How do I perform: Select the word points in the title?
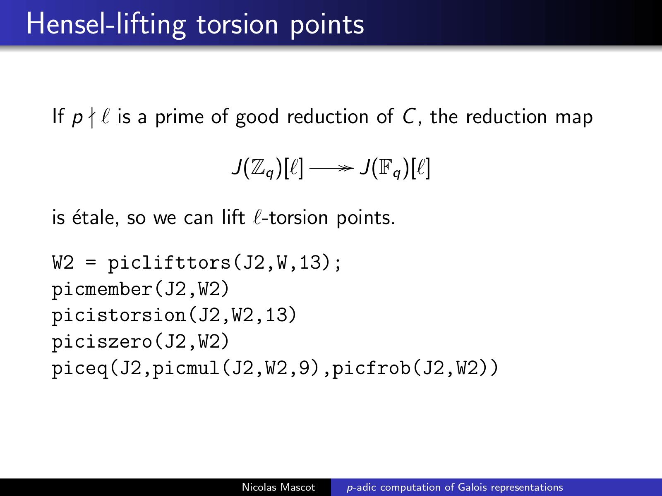(x=327, y=26)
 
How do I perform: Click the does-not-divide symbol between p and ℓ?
(x=92, y=117)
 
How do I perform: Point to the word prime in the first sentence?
(x=180, y=117)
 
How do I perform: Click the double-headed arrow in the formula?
(x=331, y=168)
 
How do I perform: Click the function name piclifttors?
(x=170, y=263)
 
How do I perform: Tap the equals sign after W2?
(x=91, y=263)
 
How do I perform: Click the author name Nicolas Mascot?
(x=278, y=487)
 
